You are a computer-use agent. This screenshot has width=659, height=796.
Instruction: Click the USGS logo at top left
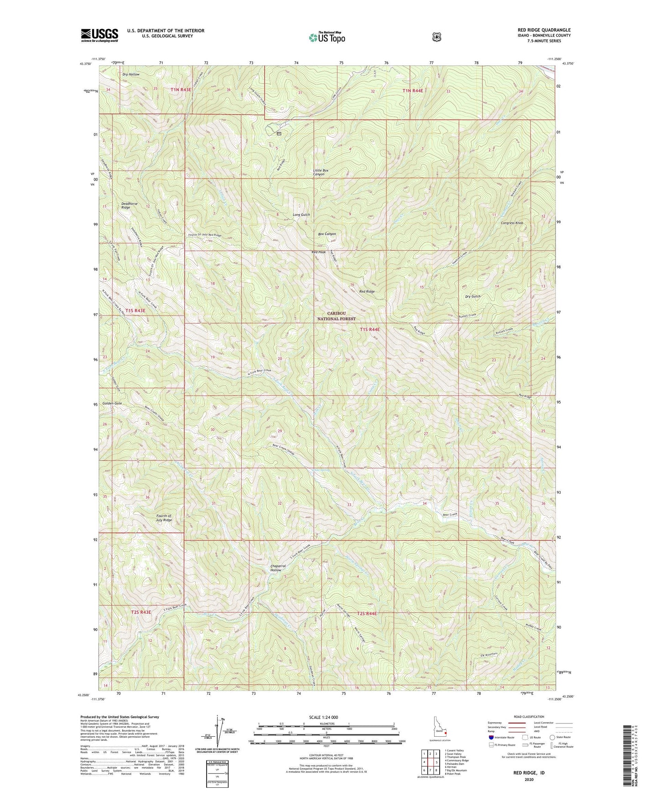click(99, 35)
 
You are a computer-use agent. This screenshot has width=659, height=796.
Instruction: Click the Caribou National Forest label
click(336, 316)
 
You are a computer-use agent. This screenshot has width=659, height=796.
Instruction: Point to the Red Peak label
click(318, 252)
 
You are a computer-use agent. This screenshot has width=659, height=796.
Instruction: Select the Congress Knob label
click(512, 223)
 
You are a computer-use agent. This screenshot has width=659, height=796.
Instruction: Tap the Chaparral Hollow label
click(278, 568)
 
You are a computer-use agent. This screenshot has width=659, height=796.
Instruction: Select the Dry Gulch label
click(472, 296)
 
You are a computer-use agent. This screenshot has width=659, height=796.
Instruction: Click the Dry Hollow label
click(131, 74)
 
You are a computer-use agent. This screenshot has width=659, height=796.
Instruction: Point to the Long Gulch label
click(301, 214)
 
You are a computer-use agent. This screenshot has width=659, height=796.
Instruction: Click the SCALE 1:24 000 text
click(323, 717)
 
